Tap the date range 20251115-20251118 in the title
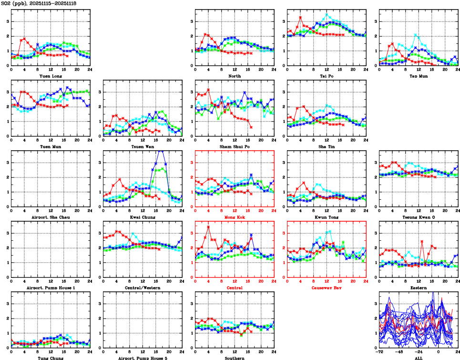pos(52,3)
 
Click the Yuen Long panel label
pos(51,76)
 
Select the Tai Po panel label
pos(326,76)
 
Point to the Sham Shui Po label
pos(234,146)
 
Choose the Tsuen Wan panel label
pos(143,146)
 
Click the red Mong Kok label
pos(234,217)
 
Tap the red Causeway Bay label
pos(326,288)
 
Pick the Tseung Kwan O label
pos(418,217)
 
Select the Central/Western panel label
pos(143,288)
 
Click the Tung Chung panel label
pos(51,358)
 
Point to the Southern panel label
pos(234,358)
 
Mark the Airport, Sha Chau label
pos(51,217)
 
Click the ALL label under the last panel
pos(418,358)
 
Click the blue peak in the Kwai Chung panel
pos(161,151)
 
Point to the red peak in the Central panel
pos(208,226)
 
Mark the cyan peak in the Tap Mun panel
pos(416,35)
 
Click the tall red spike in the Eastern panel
pos(422,241)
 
